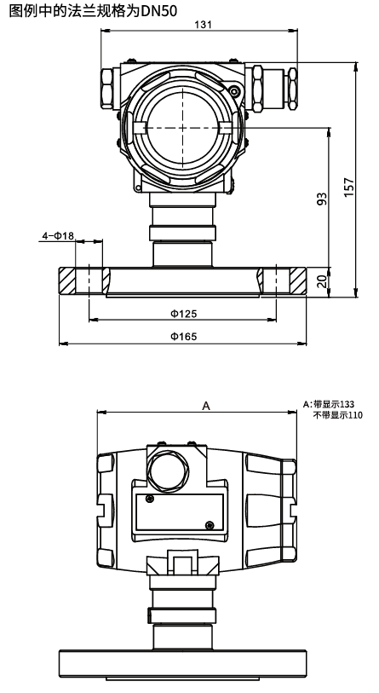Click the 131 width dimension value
(202, 26)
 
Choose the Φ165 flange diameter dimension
(184, 337)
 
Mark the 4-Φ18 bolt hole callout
(58, 234)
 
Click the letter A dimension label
(205, 407)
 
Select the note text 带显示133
(338, 405)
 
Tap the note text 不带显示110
(338, 415)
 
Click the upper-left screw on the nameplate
(149, 498)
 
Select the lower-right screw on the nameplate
(210, 524)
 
